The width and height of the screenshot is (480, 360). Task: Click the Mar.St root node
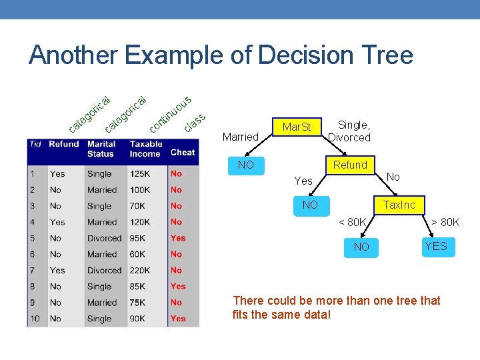click(297, 127)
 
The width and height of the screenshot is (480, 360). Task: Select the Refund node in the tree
click(350, 165)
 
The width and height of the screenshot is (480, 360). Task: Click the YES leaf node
click(436, 247)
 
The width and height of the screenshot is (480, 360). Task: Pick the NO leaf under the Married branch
click(246, 165)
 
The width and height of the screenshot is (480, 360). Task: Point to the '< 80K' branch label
click(353, 222)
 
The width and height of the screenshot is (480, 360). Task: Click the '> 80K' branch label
click(445, 222)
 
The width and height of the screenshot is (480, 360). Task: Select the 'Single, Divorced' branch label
click(349, 131)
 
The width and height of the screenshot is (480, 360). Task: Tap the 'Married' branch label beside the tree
click(240, 137)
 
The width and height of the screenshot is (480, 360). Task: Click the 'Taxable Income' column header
click(145, 149)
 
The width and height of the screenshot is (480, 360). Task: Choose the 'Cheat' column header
click(183, 152)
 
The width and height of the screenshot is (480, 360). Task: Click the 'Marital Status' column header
click(101, 149)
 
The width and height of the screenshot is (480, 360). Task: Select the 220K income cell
click(140, 270)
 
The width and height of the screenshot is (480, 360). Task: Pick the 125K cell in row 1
click(139, 173)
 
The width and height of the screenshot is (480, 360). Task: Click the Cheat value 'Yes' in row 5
click(178, 238)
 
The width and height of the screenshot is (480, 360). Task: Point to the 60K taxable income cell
click(138, 254)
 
